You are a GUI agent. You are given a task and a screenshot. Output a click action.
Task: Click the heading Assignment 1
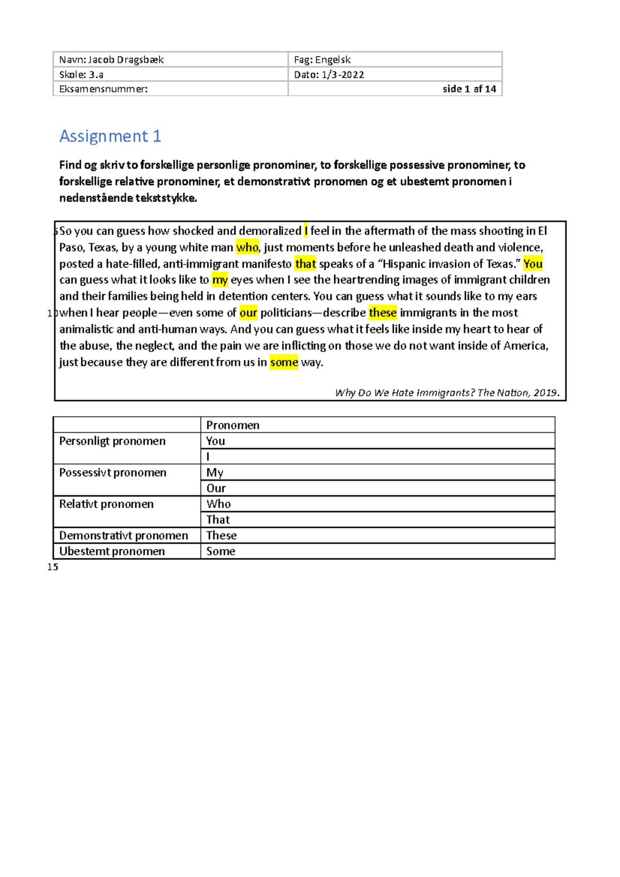pos(110,136)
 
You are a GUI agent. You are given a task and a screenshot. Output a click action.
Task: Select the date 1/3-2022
pos(343,75)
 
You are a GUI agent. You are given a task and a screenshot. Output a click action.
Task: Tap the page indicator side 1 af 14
pos(469,89)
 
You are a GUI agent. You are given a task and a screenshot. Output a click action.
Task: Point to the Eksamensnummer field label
pos(103,89)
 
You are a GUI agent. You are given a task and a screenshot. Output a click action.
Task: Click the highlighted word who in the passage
pos(247,248)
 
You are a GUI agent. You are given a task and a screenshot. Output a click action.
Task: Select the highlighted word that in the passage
pos(305,264)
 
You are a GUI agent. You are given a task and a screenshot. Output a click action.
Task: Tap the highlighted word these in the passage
pos(382,313)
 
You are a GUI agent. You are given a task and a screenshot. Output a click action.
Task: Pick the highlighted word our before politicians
pos(248,313)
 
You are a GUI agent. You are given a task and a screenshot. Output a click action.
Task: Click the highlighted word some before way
pos(284,363)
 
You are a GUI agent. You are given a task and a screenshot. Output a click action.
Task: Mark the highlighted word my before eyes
pos(220,280)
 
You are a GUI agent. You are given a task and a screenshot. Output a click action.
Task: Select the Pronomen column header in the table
pos(233,425)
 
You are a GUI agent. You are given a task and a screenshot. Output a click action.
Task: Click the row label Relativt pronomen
pos(106,504)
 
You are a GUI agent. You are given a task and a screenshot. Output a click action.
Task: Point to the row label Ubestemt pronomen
pos(112,552)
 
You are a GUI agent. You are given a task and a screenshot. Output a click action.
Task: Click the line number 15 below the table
pos(53,567)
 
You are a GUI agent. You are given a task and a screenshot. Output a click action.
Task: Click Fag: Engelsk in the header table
pos(322,60)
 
